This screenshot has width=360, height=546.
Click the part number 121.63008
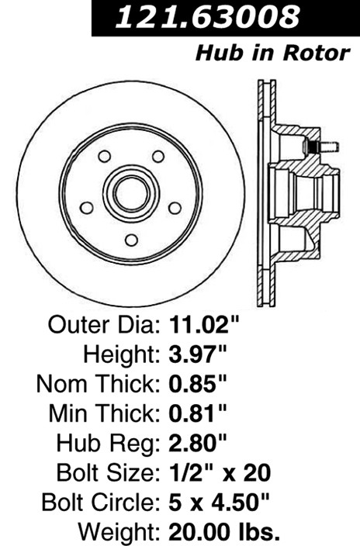click(207, 16)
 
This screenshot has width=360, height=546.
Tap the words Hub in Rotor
click(272, 54)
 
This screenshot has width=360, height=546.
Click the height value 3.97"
click(198, 354)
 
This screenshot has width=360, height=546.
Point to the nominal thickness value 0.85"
click(198, 384)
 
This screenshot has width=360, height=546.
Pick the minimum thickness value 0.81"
click(198, 413)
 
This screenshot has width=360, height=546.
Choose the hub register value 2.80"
click(198, 443)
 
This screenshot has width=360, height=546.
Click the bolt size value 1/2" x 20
click(220, 472)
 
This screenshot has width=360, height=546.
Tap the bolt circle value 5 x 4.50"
click(220, 502)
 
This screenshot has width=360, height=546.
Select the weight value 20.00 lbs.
click(224, 532)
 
